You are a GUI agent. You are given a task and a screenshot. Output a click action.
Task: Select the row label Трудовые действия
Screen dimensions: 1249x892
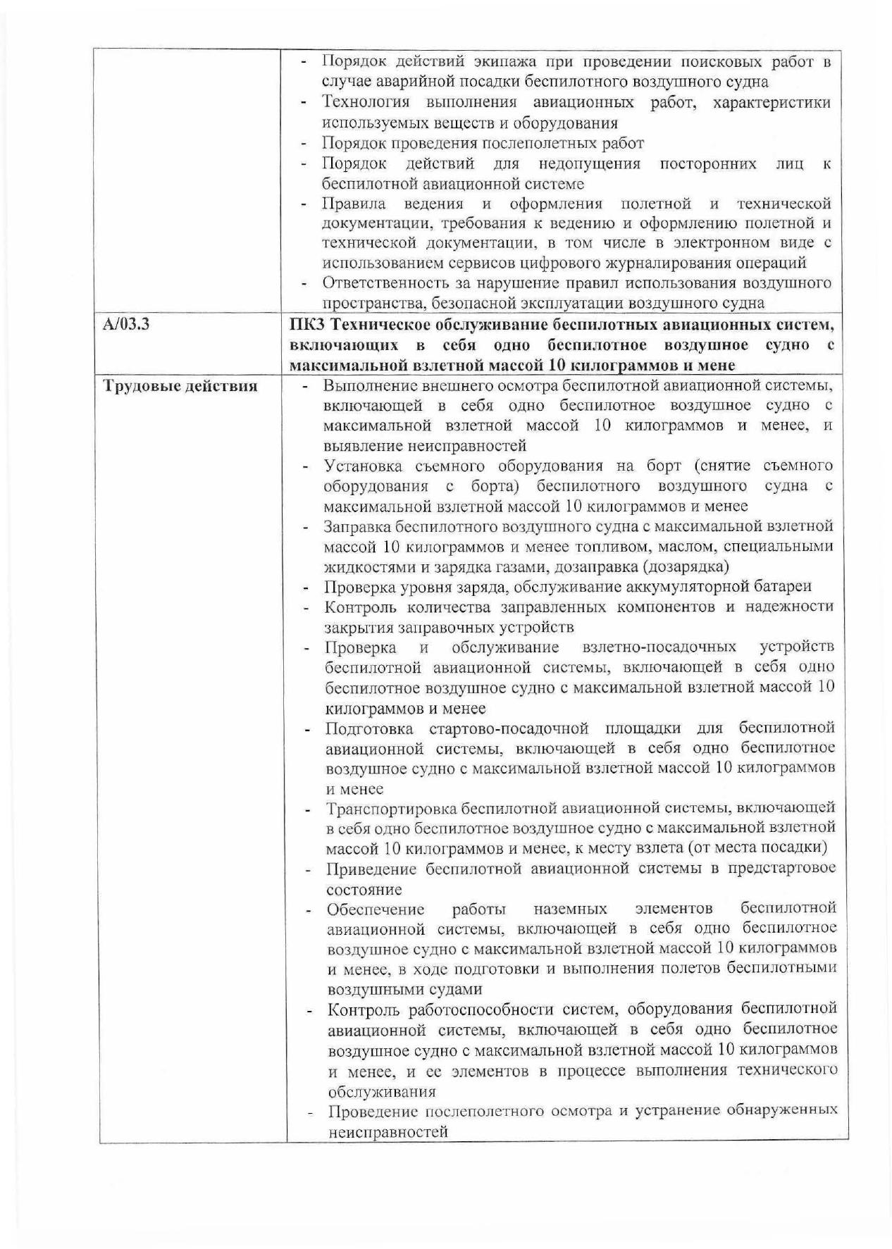click(x=180, y=386)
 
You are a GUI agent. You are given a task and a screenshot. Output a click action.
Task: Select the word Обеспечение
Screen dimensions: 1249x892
click(x=376, y=908)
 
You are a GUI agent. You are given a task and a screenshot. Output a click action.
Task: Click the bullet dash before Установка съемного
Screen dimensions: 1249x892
click(x=306, y=466)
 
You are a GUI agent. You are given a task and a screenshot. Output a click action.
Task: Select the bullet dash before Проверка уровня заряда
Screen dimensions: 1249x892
click(x=306, y=587)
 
